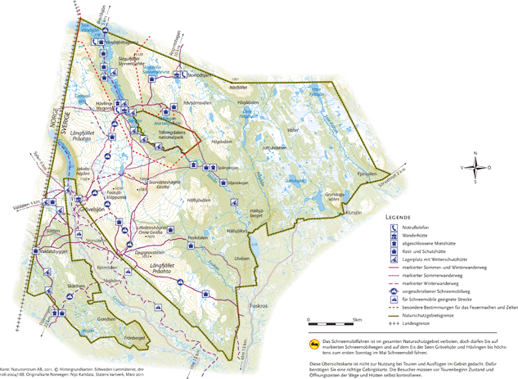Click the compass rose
475,167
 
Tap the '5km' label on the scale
357,319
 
